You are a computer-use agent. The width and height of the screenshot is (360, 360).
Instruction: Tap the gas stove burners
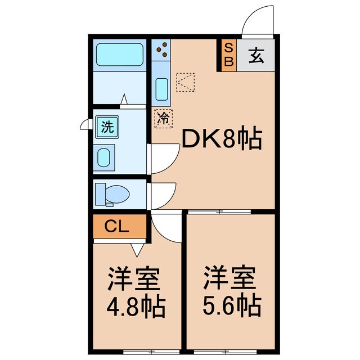[161, 49]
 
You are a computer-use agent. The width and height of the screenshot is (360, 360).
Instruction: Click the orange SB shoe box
[228, 55]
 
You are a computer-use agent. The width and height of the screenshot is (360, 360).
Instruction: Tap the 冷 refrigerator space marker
[163, 118]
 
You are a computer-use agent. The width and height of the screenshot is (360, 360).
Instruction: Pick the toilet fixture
[112, 194]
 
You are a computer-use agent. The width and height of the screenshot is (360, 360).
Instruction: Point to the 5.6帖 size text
[231, 307]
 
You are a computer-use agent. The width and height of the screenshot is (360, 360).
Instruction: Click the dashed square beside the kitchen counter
[186, 83]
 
